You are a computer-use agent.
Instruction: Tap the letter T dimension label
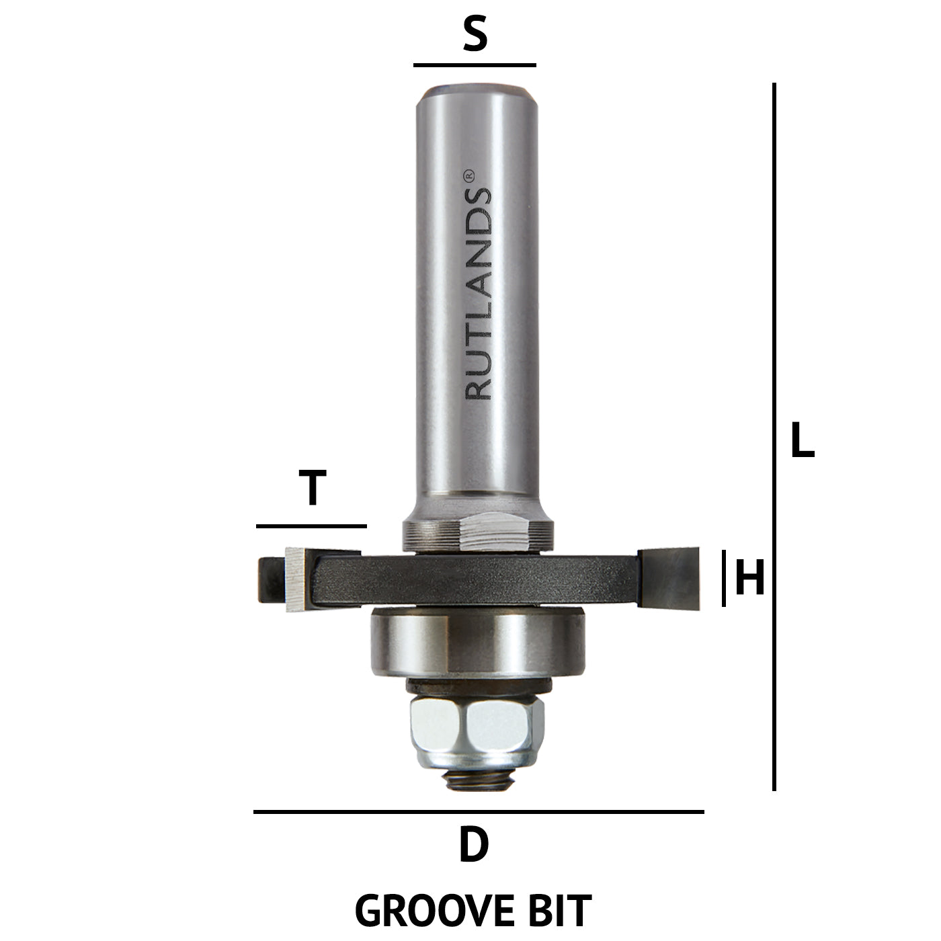(x=312, y=489)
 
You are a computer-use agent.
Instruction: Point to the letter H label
(x=750, y=579)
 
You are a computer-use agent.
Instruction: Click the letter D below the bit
(x=473, y=846)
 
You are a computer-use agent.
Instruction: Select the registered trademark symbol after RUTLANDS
(x=470, y=174)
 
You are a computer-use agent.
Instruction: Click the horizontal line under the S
(x=475, y=66)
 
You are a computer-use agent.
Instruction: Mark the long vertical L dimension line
(x=774, y=437)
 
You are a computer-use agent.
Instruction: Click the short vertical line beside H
(x=724, y=578)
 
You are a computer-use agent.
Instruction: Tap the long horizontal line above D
(x=479, y=812)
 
